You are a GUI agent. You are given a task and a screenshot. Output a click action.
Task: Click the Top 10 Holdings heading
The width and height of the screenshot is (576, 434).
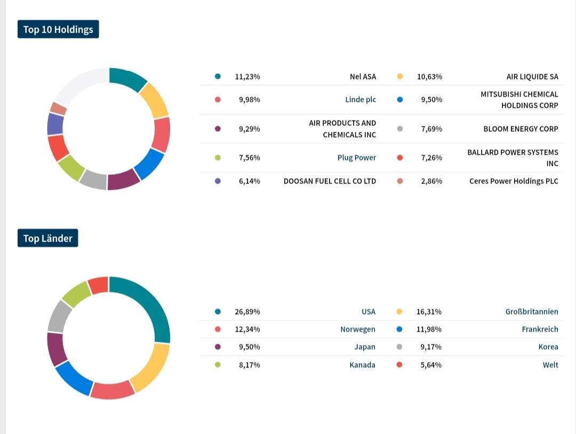pyautogui.click(x=58, y=29)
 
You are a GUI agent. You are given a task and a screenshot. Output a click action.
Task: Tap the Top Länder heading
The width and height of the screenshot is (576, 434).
pyautogui.click(x=47, y=238)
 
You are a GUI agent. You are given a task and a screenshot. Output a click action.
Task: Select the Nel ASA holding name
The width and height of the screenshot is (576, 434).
pyautogui.click(x=363, y=76)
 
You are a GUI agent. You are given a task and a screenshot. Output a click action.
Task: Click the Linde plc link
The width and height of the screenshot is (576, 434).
pyautogui.click(x=361, y=100)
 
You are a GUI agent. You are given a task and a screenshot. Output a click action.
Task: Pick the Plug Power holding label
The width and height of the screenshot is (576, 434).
pyautogui.click(x=356, y=158)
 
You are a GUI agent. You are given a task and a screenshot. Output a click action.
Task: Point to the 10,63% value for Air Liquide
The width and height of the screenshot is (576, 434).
pyautogui.click(x=429, y=76)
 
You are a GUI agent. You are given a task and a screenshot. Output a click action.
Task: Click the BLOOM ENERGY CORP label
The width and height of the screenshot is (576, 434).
pyautogui.click(x=521, y=128)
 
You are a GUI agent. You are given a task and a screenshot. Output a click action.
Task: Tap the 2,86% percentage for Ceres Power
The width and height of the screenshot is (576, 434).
pyautogui.click(x=431, y=181)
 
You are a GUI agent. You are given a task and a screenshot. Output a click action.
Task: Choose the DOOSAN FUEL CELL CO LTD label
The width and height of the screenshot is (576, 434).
pyautogui.click(x=330, y=181)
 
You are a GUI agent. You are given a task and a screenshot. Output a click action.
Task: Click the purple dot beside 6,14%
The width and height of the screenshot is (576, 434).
pyautogui.click(x=218, y=181)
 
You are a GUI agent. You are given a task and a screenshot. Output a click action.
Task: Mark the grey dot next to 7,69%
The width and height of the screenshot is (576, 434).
pyautogui.click(x=400, y=128)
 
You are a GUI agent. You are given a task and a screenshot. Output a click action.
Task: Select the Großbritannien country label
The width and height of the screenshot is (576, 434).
pyautogui.click(x=532, y=311)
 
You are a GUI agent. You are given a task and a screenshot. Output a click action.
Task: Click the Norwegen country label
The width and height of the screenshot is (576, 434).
pyautogui.click(x=358, y=329)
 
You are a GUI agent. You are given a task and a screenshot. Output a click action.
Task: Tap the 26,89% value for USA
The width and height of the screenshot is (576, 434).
pyautogui.click(x=247, y=311)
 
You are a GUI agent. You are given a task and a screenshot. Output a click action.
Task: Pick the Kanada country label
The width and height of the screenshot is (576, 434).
pyautogui.click(x=362, y=365)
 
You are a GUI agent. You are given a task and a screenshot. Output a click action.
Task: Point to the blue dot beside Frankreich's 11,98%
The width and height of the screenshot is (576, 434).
pyautogui.click(x=400, y=329)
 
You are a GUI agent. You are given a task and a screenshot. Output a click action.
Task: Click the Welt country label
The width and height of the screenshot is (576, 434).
pyautogui.click(x=550, y=365)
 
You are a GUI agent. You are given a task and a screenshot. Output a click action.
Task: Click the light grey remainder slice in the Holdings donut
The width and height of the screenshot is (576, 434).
pyautogui.click(x=77, y=85)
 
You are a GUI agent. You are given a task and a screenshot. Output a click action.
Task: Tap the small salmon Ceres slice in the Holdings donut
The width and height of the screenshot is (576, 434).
pyautogui.click(x=58, y=108)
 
